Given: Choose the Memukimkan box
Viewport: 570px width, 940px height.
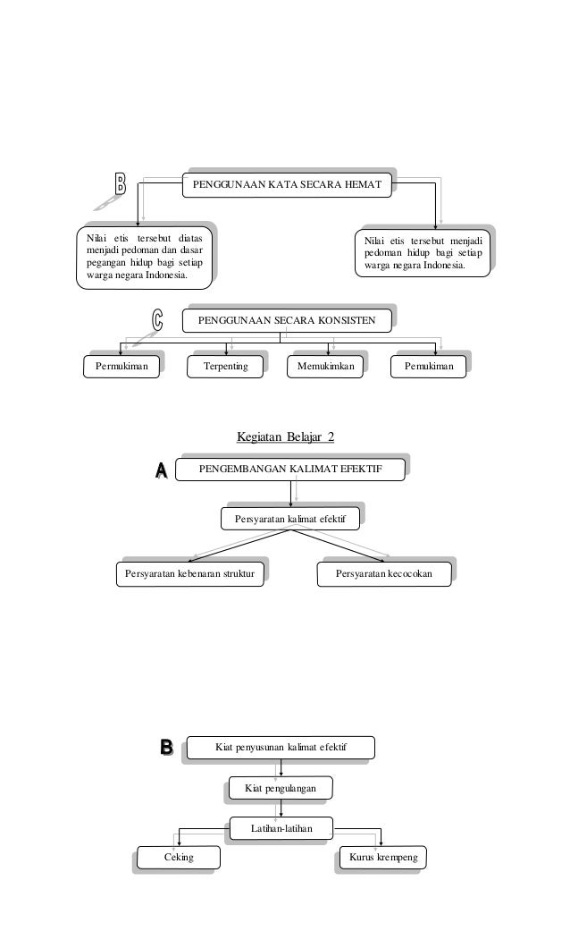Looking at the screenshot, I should coord(326,366).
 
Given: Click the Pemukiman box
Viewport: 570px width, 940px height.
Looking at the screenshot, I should coord(429,366).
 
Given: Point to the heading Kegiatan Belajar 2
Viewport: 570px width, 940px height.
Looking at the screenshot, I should coord(285,437).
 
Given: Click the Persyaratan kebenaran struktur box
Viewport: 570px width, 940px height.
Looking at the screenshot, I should coord(191,572).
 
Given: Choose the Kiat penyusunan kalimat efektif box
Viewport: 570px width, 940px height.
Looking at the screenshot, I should coord(281,746).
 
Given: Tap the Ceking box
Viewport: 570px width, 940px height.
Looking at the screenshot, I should coord(179,858).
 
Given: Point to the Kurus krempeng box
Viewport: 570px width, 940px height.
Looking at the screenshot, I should coord(384,858).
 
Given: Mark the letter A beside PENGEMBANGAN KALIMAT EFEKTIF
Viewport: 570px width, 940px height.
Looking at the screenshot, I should coord(162,470).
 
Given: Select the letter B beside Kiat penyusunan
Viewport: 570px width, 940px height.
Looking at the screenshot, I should coord(166,747).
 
